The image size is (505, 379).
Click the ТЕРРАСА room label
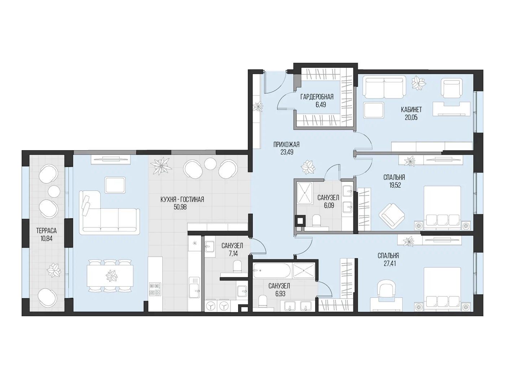47,230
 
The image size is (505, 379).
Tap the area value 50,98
180,207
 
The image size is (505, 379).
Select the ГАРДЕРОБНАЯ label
317,97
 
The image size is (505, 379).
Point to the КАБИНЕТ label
411,109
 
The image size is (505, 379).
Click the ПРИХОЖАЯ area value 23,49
286,152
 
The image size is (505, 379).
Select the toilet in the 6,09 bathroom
316,221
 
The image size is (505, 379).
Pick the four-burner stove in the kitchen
155,289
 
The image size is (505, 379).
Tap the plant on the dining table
111,276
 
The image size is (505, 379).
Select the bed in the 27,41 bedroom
442,289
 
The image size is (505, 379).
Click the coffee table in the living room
115,185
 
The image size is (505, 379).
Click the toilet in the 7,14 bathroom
237,267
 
